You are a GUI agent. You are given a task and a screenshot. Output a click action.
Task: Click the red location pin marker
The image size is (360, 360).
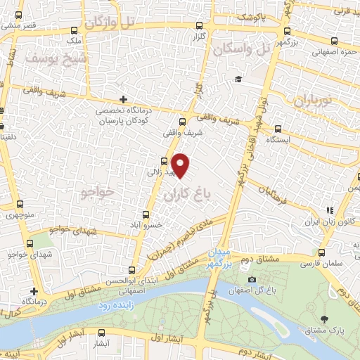pos(181,165)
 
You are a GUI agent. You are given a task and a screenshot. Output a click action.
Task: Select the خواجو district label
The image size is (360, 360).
pos(98,192)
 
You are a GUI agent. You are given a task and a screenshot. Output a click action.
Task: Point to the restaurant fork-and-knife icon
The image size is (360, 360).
pos(329,210)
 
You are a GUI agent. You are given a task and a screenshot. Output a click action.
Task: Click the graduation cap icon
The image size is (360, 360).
pos(238,79)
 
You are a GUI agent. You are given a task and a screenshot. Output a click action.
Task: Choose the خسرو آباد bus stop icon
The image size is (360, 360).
pos(146,214)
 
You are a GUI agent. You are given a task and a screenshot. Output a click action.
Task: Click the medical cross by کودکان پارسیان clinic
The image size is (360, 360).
pos(124,99)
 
